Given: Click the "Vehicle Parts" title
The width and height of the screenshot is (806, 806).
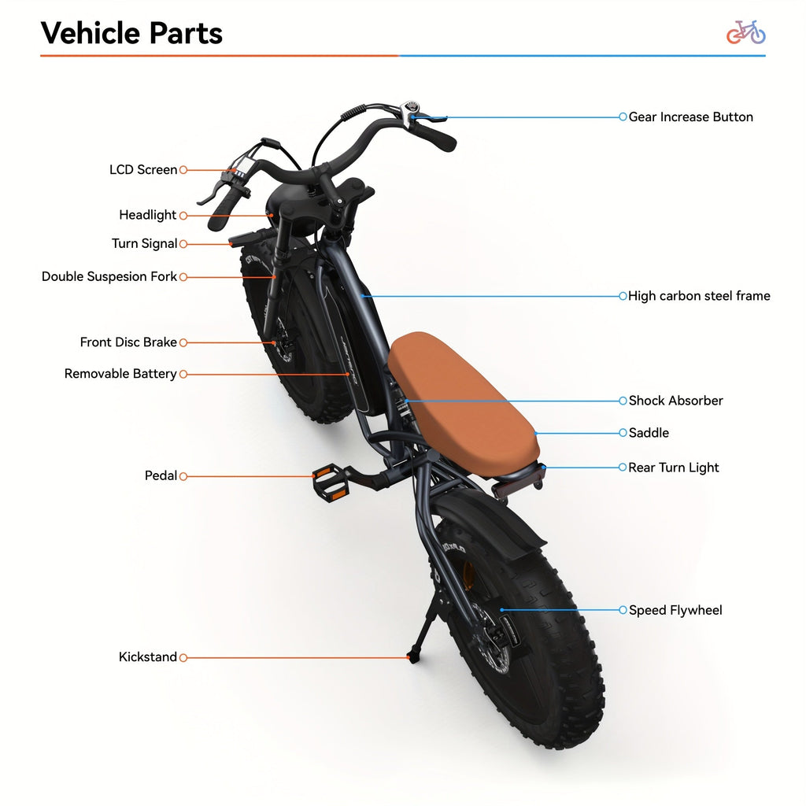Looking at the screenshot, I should (x=131, y=34).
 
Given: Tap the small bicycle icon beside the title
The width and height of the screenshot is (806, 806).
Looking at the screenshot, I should (x=745, y=32).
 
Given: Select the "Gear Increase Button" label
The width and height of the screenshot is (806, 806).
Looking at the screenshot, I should (x=690, y=117).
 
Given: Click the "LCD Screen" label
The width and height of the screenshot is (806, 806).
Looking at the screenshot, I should (x=143, y=170).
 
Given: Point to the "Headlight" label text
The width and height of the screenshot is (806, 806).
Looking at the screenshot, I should (x=148, y=216).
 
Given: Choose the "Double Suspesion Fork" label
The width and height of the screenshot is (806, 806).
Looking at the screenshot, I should (x=109, y=277).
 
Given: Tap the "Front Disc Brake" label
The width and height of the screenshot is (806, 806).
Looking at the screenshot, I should (x=128, y=342).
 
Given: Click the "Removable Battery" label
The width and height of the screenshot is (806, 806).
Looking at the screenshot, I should (x=120, y=374).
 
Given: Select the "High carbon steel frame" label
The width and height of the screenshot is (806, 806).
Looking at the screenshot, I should (x=699, y=297).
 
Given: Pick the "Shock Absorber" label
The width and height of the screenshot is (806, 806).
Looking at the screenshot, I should (x=675, y=401).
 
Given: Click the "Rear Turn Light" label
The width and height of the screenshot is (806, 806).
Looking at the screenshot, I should (x=674, y=468).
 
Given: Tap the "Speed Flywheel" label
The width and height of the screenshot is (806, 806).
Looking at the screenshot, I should (x=675, y=610).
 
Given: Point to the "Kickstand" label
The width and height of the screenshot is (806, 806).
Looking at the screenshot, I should (x=148, y=657).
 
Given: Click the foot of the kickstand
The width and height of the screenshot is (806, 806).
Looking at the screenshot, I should (x=411, y=656).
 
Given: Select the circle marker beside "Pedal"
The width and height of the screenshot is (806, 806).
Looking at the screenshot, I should (x=183, y=476).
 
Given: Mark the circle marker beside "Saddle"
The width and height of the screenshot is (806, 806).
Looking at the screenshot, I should (x=623, y=433).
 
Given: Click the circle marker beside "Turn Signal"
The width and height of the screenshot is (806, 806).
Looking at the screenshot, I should (x=183, y=244).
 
